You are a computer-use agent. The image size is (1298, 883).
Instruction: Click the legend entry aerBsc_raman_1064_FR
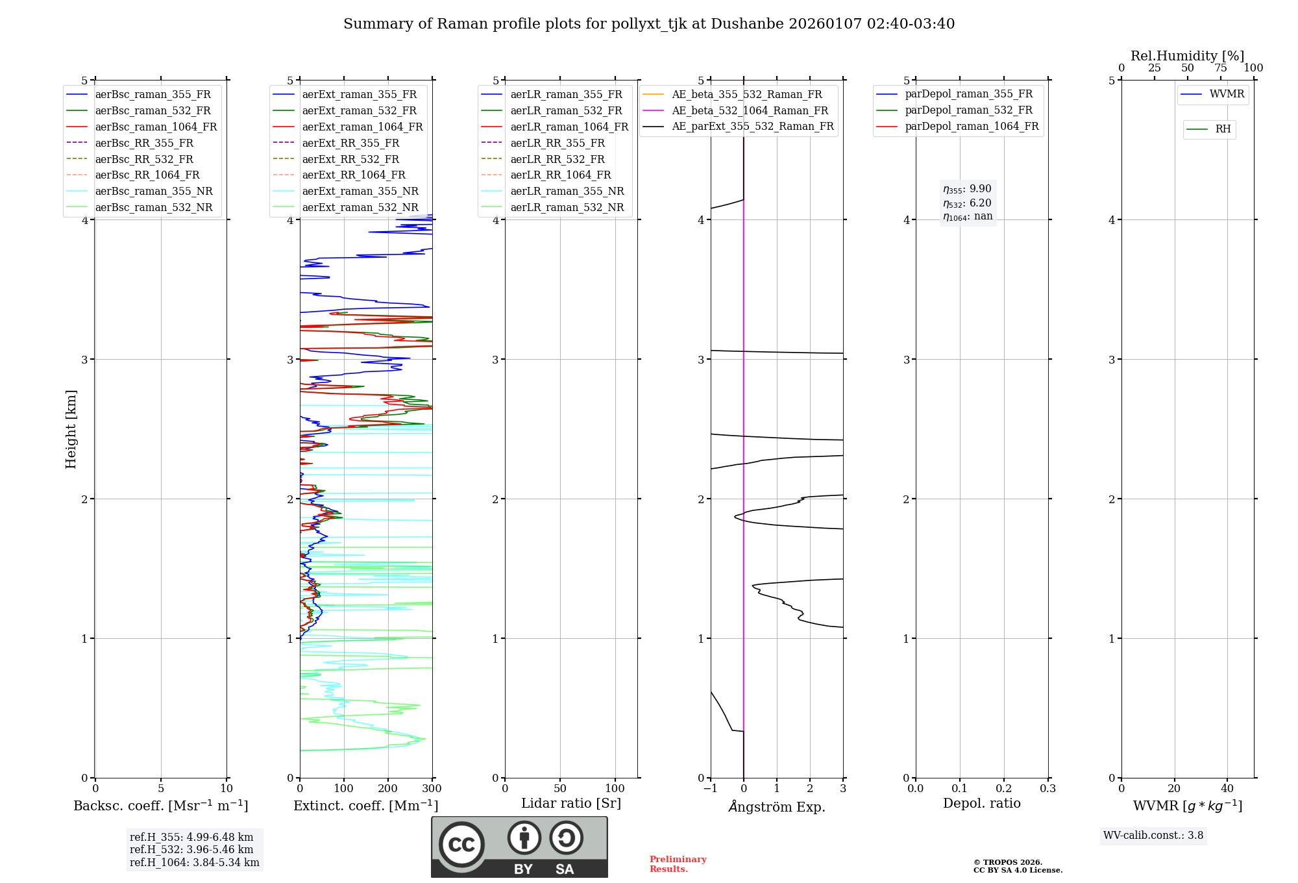tap(156, 127)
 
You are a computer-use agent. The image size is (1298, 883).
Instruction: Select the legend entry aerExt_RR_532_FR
tap(350, 160)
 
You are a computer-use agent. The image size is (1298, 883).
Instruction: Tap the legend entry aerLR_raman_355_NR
tap(567, 192)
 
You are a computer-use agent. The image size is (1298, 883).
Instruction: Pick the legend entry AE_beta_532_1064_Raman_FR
tap(750, 111)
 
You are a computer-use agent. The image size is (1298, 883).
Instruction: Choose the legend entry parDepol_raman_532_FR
tap(968, 110)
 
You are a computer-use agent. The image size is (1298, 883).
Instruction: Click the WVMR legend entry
tap(1226, 95)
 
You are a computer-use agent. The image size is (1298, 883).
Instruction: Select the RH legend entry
tap(1223, 129)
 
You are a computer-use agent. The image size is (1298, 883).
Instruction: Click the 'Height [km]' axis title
tap(71, 429)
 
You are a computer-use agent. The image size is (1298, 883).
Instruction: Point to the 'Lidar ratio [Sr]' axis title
tap(571, 804)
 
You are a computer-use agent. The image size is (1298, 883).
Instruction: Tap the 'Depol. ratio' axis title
tap(981, 804)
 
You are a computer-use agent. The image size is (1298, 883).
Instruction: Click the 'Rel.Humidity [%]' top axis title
tap(1187, 56)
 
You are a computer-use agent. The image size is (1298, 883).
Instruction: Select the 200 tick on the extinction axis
tap(388, 789)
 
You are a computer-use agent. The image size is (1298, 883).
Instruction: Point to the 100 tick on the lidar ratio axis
tap(615, 789)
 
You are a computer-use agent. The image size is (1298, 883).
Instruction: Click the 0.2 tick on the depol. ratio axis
tap(1004, 789)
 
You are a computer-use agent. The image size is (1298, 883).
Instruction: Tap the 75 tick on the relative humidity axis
tap(1220, 68)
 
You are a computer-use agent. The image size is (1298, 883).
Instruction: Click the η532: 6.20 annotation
tap(967, 203)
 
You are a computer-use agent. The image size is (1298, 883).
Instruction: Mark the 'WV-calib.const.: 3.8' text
tap(1153, 836)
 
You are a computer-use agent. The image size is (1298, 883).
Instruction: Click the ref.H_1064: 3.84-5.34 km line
tap(194, 863)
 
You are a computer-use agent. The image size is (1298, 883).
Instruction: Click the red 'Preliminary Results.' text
tap(678, 864)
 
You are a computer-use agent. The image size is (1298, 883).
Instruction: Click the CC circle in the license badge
tap(461, 845)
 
